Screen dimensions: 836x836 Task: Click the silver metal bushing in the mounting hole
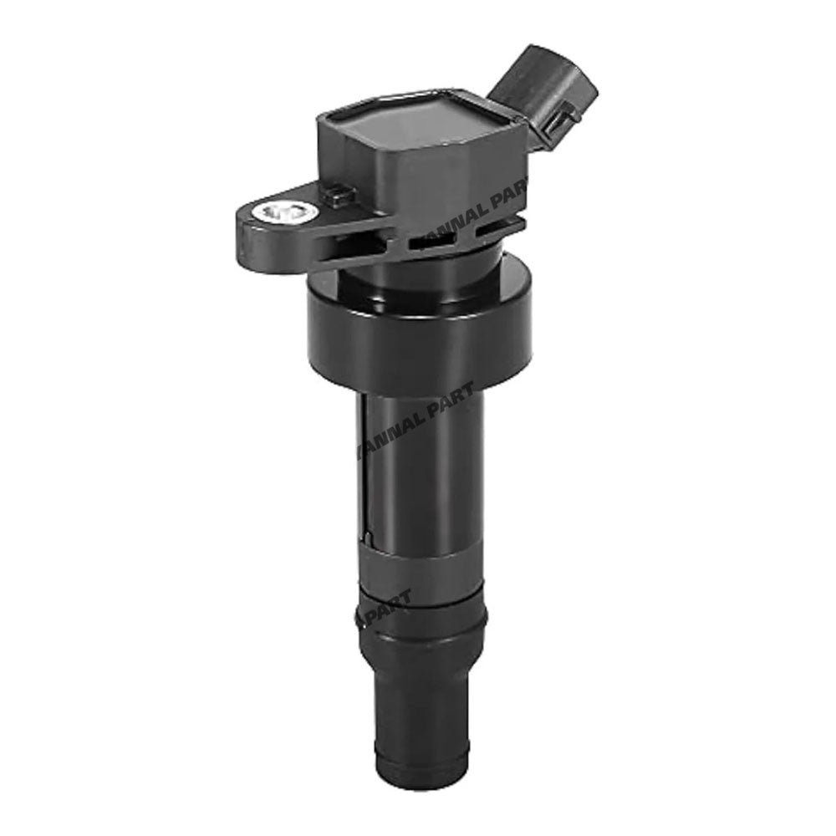click(x=286, y=213)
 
